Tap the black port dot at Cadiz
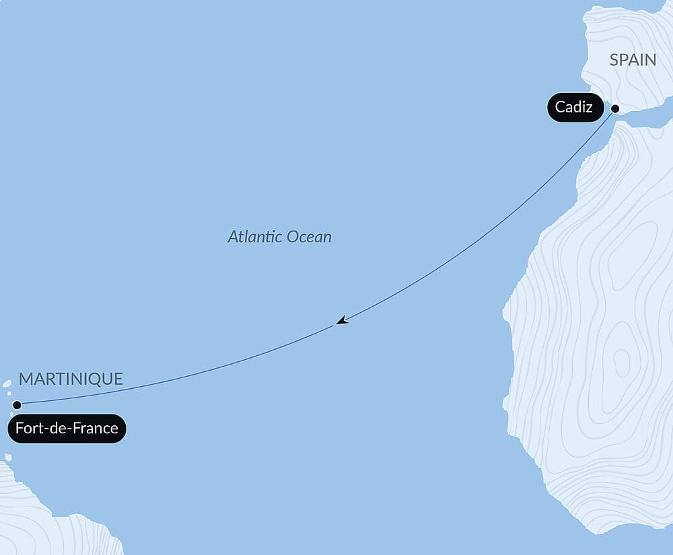614,108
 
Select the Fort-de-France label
67,429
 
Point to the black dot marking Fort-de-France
17,405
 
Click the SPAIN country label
633,60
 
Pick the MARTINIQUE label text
71,379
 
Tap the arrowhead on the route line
342,321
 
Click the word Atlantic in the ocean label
255,237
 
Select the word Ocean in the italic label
309,237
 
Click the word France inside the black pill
94,429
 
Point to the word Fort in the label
29,429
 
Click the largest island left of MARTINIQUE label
7,384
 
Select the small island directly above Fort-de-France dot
9,394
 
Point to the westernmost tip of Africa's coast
504,311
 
